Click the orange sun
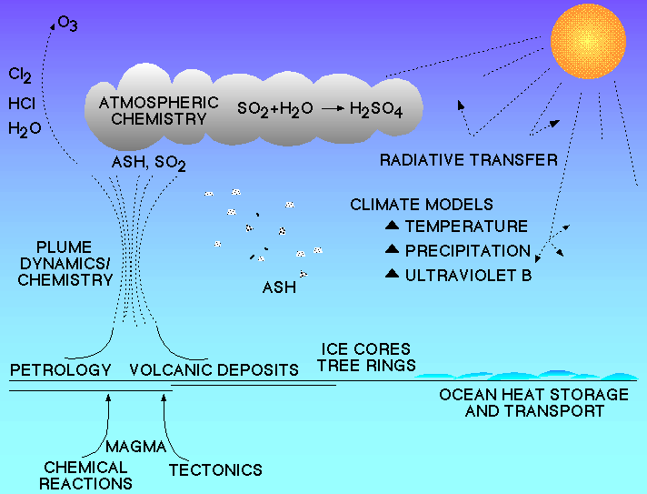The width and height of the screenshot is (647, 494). tap(588, 41)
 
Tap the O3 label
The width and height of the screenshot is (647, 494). tap(67, 24)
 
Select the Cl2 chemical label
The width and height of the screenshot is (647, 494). tap(20, 76)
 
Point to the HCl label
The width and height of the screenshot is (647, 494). tap(22, 104)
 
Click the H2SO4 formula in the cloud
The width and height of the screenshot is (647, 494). tap(376, 109)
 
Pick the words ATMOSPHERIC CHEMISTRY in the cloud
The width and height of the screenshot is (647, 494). tap(159, 111)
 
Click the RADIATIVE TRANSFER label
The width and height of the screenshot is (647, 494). tap(469, 160)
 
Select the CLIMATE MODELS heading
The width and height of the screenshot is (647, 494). tap(422, 205)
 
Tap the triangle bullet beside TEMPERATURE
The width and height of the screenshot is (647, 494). tap(392, 225)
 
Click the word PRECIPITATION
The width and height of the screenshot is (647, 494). tap(467, 251)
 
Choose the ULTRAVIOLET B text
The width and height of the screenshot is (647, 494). tap(468, 276)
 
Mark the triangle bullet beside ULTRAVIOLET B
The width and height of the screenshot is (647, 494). tap(392, 274)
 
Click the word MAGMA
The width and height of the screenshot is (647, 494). tap(135, 447)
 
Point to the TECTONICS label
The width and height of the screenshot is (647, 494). tap(215, 470)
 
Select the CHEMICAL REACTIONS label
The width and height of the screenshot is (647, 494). tap(85, 476)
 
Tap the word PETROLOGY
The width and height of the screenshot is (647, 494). tap(61, 369)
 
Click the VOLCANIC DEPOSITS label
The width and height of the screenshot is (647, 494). tap(214, 369)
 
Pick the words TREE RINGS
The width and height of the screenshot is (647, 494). tap(367, 365)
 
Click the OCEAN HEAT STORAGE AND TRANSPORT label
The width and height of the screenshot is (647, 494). tap(534, 403)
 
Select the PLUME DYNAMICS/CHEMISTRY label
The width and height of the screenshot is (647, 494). tap(65, 264)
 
